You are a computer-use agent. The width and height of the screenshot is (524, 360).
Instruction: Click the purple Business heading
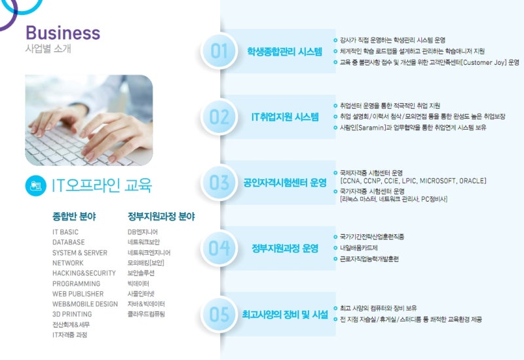coord(63,33)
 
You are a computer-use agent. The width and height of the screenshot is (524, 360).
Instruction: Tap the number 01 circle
coord(219,51)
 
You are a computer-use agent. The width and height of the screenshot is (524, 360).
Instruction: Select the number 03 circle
coord(219,183)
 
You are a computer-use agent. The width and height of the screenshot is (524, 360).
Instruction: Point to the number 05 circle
coord(219,314)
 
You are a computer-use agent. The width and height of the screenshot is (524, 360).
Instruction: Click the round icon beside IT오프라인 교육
coord(36,186)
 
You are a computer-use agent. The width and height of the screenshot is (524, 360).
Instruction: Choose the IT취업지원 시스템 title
coord(285,117)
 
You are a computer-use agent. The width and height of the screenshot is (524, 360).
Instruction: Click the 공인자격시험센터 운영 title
coord(285,183)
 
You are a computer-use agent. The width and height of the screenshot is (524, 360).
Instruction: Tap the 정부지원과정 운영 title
coord(285,249)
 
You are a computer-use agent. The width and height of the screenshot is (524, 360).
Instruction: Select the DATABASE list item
coord(69,242)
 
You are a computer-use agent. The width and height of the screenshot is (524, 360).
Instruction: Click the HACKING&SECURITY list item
coord(84,273)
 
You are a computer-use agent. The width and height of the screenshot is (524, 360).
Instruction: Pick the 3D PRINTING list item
coord(72,314)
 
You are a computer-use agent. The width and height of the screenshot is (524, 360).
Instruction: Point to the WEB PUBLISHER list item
coord(78,294)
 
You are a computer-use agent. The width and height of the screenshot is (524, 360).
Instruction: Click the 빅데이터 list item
coord(138,283)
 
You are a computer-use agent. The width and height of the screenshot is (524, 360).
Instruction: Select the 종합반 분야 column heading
coord(74,217)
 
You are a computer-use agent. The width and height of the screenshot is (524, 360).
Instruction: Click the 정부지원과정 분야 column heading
coord(161,217)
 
